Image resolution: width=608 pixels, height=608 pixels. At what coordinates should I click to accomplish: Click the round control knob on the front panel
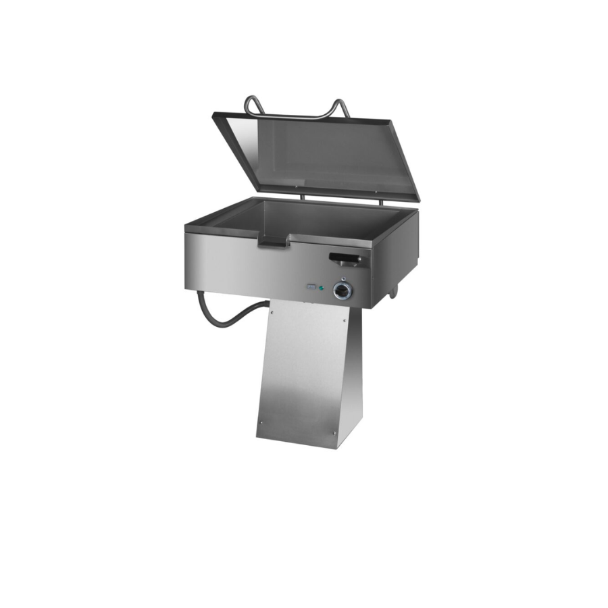coord(343,290)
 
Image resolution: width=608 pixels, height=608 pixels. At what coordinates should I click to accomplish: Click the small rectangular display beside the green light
coord(311,286)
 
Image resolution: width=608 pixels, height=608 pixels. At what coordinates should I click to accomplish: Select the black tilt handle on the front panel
coord(345,257)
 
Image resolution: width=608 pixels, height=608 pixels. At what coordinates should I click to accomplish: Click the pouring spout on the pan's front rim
coord(275,238)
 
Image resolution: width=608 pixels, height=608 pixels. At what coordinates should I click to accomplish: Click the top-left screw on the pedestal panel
coord(272,312)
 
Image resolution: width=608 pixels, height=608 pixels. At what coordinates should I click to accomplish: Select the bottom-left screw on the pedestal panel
coord(260,424)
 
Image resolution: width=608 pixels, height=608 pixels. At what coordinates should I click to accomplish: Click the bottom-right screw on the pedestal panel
coord(334,433)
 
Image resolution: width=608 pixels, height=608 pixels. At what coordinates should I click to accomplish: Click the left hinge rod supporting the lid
coord(302,197)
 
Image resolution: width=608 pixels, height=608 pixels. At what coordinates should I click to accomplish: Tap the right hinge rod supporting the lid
coord(380,201)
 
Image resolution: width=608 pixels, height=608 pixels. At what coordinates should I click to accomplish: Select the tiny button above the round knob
coord(343,280)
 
